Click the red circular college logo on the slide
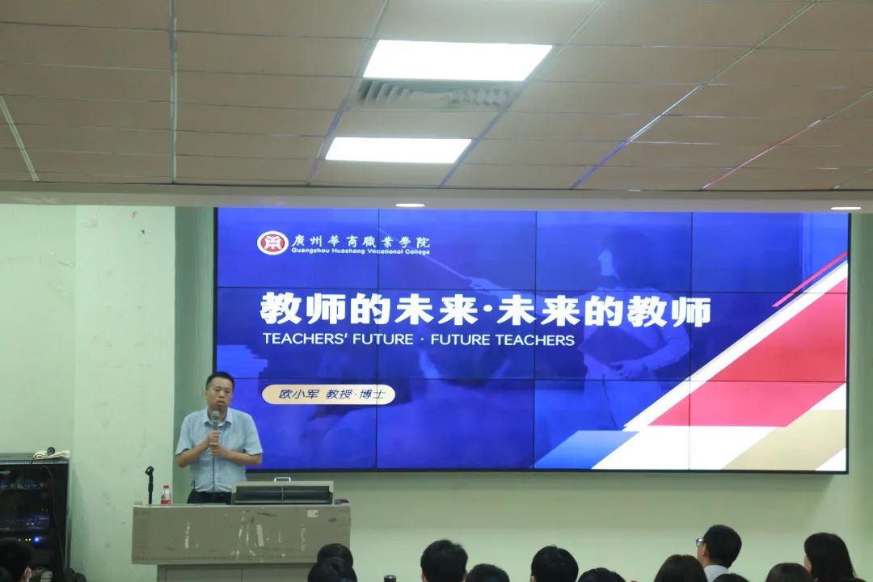(x=272, y=242)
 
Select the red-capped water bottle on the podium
(x=166, y=495)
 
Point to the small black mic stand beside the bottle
(x=150, y=485)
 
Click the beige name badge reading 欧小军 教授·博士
(x=328, y=394)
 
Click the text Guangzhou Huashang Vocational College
(x=361, y=251)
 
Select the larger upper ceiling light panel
(x=457, y=60)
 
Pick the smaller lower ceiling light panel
(x=399, y=150)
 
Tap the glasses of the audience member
(x=699, y=542)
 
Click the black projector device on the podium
(x=282, y=491)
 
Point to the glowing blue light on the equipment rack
(x=36, y=540)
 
